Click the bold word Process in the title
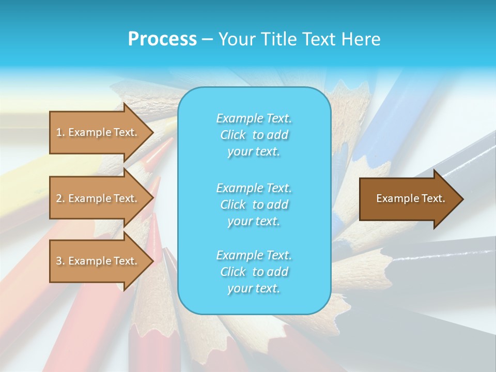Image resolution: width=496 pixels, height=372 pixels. [162, 39]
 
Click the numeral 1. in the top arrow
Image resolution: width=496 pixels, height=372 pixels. [60, 132]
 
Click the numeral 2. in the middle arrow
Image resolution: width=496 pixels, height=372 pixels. [60, 198]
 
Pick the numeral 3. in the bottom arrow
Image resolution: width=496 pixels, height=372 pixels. [60, 261]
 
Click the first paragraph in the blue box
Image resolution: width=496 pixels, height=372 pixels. [254, 135]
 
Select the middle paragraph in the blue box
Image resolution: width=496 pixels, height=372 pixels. [254, 204]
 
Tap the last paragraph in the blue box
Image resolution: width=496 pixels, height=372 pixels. [254, 271]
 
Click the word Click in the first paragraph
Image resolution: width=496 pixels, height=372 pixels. [233, 135]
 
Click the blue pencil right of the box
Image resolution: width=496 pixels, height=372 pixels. [393, 114]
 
